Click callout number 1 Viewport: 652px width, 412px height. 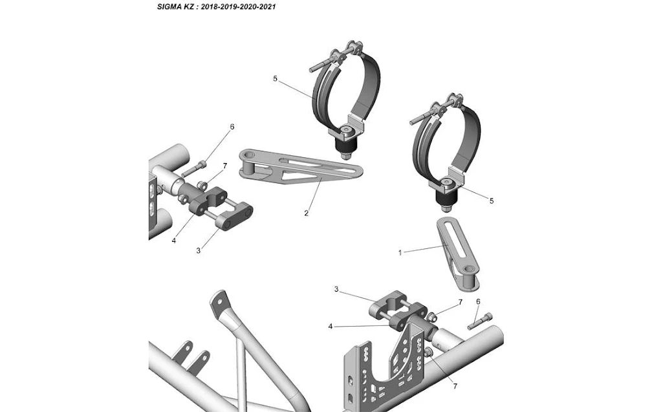click(400, 253)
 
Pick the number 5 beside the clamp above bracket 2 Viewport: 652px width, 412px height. click(275, 79)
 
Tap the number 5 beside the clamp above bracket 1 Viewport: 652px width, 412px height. click(492, 201)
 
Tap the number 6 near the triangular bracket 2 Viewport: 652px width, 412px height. click(232, 127)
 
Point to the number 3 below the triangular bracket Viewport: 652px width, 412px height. click(198, 250)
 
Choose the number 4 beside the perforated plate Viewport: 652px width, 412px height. click(331, 327)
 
